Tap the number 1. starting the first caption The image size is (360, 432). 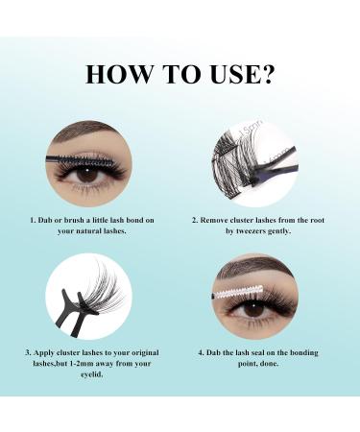31,220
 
